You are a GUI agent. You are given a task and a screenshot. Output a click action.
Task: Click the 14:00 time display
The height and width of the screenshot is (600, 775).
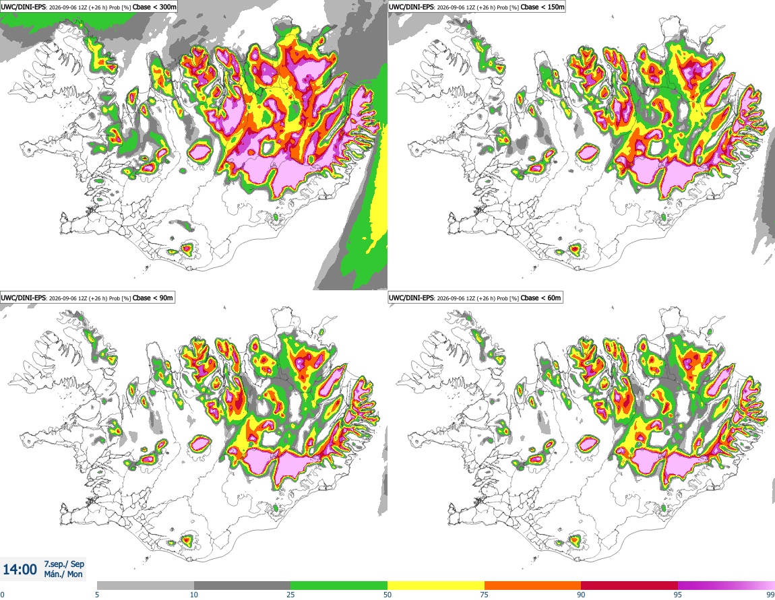click(x=20, y=570)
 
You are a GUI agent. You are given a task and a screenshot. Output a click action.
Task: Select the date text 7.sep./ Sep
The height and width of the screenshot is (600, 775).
click(x=64, y=564)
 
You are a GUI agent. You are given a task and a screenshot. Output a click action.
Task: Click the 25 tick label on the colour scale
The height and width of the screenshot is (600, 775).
click(x=290, y=595)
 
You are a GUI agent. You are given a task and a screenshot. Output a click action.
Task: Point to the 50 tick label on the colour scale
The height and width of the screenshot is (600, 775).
click(x=387, y=595)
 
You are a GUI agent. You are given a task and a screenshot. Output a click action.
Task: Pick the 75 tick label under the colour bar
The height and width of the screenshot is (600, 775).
click(x=485, y=595)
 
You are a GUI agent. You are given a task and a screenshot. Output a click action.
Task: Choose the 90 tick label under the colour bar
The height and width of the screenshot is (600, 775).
click(x=581, y=595)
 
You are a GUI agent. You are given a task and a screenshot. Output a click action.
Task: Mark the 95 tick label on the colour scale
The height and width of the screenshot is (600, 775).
click(x=678, y=595)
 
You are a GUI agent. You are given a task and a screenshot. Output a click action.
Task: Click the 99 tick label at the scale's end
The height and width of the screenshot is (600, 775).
click(x=770, y=595)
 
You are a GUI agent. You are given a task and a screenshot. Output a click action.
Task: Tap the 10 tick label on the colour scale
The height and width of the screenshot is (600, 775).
click(x=194, y=595)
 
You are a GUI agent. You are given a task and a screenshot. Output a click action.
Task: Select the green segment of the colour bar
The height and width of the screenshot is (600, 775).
click(x=339, y=586)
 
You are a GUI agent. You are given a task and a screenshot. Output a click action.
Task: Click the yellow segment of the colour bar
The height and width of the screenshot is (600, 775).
click(x=436, y=586)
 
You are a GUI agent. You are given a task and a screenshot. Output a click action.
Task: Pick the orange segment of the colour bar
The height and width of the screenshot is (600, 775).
click(x=533, y=586)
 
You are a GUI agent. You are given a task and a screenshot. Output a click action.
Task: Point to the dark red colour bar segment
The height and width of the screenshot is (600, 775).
click(x=629, y=586)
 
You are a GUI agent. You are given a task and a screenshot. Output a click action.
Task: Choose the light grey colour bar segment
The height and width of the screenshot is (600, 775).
click(x=146, y=586)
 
